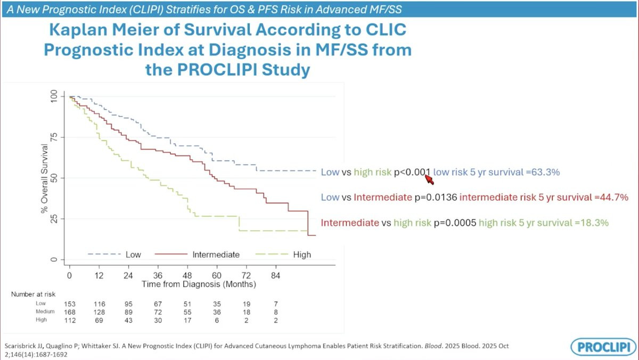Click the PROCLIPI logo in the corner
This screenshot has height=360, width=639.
tap(603, 347)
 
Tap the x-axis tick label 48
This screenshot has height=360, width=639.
tap(187, 275)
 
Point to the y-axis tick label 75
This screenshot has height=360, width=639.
tap(53, 137)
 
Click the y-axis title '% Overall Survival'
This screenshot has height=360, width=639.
tap(45, 178)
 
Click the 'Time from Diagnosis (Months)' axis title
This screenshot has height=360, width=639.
tap(199, 284)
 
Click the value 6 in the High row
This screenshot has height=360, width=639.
tap(217, 320)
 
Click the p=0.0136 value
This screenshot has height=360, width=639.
tap(435, 197)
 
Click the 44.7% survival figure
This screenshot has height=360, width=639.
tap(613, 197)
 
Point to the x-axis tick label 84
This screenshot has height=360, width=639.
tap(275, 275)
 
